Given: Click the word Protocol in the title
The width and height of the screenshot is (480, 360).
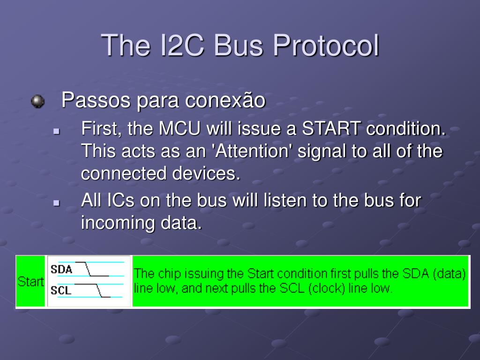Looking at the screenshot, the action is pyautogui.click(x=326, y=45).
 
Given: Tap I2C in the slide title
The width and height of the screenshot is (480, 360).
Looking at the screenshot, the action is pyautogui.click(x=182, y=45).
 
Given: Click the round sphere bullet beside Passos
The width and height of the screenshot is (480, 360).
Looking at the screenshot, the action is pyautogui.click(x=37, y=101).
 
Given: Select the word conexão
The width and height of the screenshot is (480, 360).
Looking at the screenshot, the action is pyautogui.click(x=225, y=100).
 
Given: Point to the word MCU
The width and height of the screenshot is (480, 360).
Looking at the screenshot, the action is pyautogui.click(x=180, y=128).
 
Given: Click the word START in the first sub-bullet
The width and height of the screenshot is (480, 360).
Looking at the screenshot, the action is pyautogui.click(x=331, y=128).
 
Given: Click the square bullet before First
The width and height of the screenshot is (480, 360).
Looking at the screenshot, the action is pyautogui.click(x=56, y=131).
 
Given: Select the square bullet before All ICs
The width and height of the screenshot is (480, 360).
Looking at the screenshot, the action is pyautogui.click(x=56, y=202).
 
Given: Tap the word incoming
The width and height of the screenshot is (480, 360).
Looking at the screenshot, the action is pyautogui.click(x=118, y=223).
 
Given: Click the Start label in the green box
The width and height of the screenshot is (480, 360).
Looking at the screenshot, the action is pyautogui.click(x=30, y=282).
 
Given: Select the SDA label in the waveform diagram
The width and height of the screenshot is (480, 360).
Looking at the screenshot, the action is pyautogui.click(x=61, y=270).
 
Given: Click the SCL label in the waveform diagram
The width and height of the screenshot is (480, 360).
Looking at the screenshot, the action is pyautogui.click(x=60, y=290).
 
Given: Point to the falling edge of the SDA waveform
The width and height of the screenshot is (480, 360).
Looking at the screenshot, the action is pyautogui.click(x=88, y=269).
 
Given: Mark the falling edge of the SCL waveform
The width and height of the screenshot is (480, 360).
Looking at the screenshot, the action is pyautogui.click(x=99, y=290).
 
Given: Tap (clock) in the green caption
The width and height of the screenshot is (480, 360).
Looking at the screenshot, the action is pyautogui.click(x=327, y=288).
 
